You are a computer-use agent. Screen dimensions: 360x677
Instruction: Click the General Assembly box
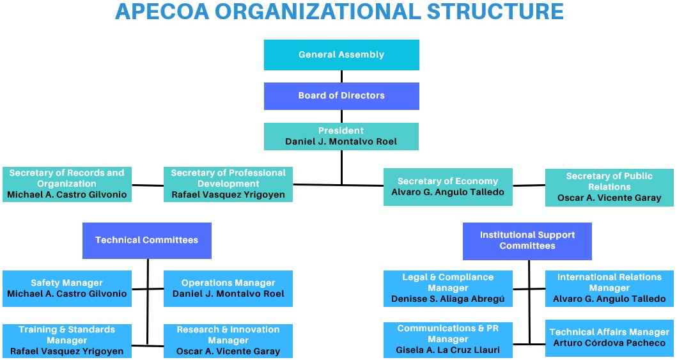point(341,55)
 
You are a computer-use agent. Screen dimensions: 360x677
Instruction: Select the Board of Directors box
point(341,96)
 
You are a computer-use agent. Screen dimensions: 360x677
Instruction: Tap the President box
point(341,136)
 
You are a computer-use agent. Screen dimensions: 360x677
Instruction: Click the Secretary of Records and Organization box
point(67,184)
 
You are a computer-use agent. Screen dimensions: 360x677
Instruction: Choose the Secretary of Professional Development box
point(228,184)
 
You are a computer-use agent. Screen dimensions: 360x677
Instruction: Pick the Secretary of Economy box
point(447,187)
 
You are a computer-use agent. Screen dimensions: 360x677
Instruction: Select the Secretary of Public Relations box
point(609,187)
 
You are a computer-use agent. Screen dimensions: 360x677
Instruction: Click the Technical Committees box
point(147,240)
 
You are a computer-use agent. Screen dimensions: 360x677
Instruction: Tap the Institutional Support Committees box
point(527,241)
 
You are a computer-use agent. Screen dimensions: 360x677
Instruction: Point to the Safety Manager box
point(67,288)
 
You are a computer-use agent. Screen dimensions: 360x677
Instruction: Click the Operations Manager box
point(228,288)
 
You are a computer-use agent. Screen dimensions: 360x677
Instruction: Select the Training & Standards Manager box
point(67,341)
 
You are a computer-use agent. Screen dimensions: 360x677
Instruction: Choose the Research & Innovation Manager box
point(228,341)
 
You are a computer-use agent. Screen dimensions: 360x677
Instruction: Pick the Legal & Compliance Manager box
point(447,288)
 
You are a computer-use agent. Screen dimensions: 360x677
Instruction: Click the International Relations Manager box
point(609,288)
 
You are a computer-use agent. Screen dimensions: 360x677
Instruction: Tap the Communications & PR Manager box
point(447,340)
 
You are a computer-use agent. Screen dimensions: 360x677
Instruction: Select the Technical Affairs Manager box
point(609,338)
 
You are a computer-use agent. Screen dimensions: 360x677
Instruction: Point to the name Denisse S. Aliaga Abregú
point(447,299)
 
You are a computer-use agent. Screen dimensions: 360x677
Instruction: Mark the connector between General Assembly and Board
point(341,76)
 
